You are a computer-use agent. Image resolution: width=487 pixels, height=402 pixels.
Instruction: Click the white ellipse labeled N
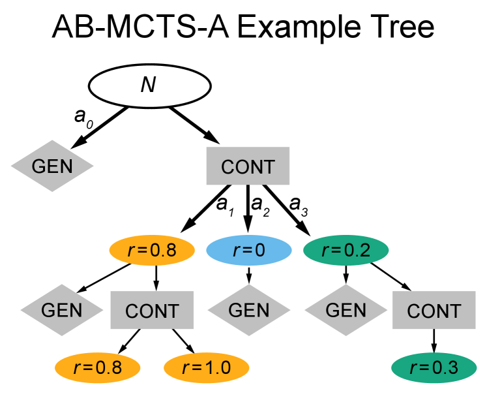point(149,86)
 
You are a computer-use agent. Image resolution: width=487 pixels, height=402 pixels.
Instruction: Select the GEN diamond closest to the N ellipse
point(52,166)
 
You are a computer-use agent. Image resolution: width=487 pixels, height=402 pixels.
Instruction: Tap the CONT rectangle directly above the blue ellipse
point(248,166)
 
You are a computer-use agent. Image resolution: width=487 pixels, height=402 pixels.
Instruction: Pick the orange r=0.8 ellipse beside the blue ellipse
point(152,251)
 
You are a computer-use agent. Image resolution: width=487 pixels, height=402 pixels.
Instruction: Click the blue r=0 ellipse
point(248,251)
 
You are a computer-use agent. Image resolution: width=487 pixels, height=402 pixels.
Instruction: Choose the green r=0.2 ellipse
point(346,251)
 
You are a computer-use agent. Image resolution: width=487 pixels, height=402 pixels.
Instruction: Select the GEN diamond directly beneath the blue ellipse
point(248,310)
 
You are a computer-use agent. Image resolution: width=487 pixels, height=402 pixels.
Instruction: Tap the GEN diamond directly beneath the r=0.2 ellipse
point(346,310)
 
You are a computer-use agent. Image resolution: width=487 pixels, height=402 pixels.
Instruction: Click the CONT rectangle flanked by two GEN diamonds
point(152,311)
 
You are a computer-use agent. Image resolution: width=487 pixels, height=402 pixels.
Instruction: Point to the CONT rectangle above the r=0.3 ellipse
point(434,311)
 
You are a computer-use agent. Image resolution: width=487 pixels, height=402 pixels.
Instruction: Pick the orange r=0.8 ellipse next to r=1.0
point(97,368)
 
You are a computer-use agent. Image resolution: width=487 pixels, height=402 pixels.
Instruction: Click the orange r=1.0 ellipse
point(206,368)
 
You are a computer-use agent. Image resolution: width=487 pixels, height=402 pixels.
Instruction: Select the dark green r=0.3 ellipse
point(434,368)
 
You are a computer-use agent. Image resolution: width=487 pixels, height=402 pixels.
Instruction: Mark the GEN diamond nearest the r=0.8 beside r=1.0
point(62,310)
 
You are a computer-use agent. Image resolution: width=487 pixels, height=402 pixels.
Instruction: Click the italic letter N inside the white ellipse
point(148,85)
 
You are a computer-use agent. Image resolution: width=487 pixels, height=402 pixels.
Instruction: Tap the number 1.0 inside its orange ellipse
point(217,368)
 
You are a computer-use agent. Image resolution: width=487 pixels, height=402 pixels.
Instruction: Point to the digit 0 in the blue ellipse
point(259,251)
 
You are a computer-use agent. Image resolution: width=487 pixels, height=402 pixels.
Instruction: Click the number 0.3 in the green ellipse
point(445,368)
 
